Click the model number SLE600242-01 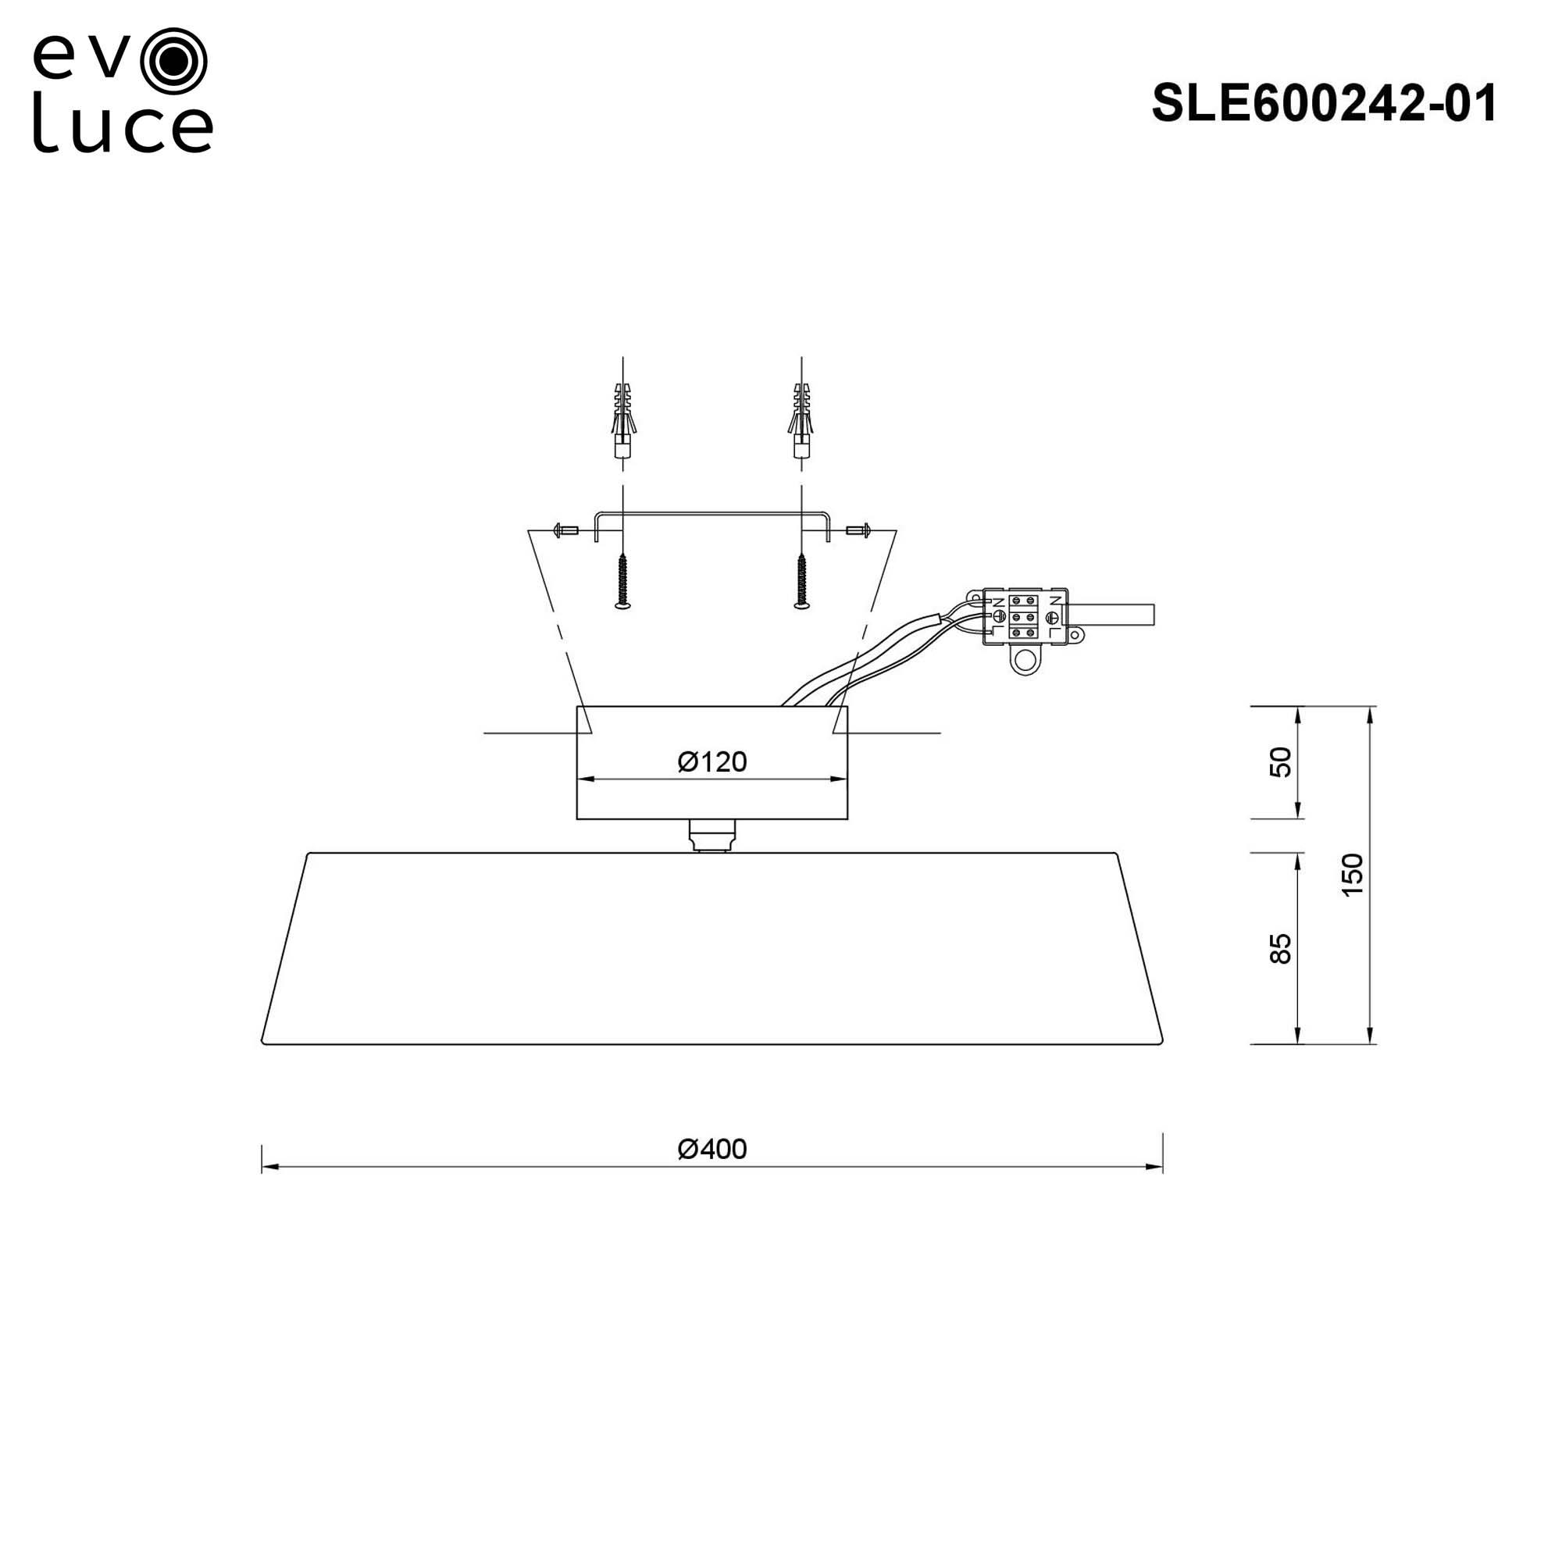(1325, 105)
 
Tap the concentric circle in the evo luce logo (173, 62)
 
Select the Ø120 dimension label (711, 761)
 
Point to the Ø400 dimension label (711, 1149)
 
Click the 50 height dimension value (1281, 762)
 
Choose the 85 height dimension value (1281, 949)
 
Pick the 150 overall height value (1352, 875)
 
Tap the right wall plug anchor (801, 421)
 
